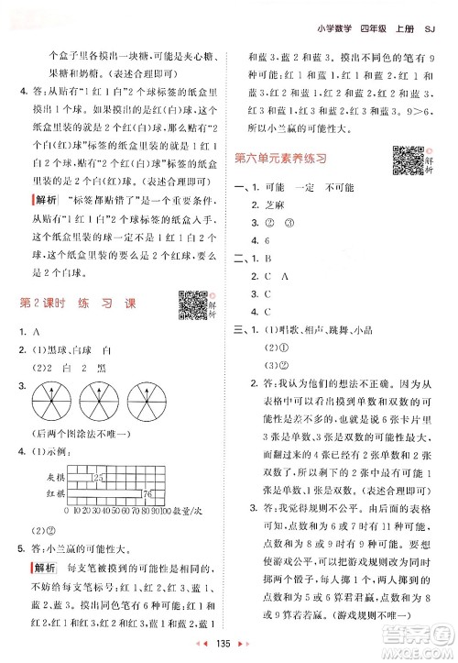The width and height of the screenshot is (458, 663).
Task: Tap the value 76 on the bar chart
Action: click(x=148, y=494)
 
